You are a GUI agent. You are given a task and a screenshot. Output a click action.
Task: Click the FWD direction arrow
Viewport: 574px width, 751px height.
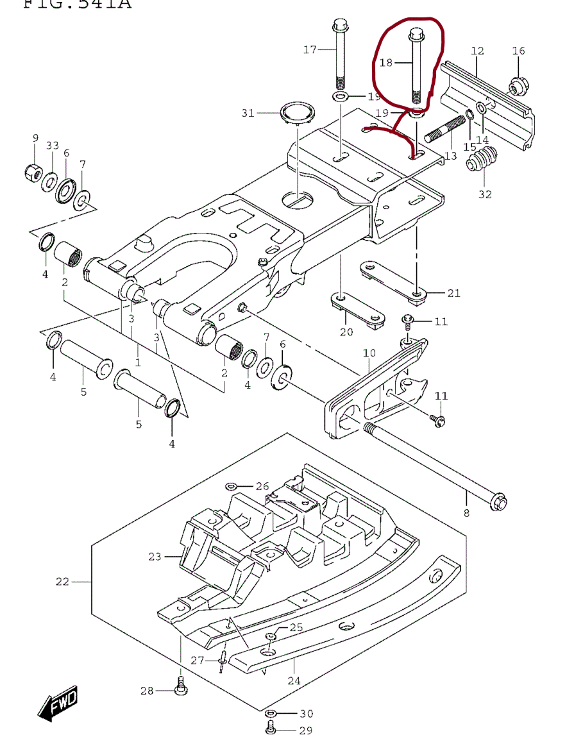(58, 704)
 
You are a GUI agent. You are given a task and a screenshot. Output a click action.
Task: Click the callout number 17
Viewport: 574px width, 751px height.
(310, 49)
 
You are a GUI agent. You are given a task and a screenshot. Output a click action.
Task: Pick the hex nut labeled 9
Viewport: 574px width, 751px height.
(35, 171)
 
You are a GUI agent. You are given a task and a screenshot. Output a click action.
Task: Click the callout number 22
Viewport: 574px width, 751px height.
(62, 582)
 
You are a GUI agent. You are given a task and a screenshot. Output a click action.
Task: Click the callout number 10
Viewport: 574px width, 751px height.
(369, 353)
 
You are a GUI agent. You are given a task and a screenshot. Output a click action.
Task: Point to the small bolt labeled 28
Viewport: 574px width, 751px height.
(180, 687)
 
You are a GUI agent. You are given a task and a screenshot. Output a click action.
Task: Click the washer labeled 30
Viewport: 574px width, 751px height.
(272, 714)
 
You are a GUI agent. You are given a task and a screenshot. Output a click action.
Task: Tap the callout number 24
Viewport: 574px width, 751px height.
(294, 680)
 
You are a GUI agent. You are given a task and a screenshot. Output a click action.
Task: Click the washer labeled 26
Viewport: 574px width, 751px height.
(232, 486)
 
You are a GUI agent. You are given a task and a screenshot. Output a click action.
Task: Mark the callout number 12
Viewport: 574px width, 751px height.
(477, 51)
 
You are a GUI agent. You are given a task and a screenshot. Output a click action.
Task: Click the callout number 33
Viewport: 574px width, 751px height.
(52, 146)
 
